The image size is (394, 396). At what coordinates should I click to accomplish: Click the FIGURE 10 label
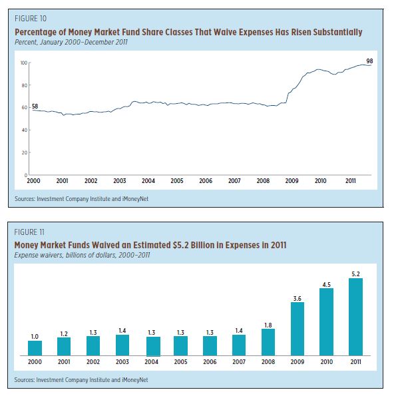tap(31, 19)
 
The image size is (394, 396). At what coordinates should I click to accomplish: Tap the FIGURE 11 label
tap(29, 232)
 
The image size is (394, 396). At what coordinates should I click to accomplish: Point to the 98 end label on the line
tap(369, 61)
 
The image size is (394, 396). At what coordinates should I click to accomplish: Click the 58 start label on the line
tap(35, 106)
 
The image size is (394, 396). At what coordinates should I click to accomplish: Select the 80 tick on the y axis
tap(24, 85)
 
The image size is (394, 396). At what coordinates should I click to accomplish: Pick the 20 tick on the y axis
tap(24, 152)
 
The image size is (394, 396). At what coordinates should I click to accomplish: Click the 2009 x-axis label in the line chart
tap(292, 181)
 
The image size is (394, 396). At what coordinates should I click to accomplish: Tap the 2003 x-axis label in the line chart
tap(119, 181)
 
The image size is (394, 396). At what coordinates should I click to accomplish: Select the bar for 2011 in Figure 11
tap(355, 317)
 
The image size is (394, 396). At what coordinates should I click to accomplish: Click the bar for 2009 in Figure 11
tap(297, 329)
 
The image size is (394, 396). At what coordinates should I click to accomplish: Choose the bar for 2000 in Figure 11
tap(35, 348)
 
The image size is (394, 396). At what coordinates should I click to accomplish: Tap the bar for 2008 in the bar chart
tap(268, 342)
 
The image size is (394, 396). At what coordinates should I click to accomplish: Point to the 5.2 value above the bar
tap(355, 274)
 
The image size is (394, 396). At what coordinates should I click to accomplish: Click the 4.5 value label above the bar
tap(326, 285)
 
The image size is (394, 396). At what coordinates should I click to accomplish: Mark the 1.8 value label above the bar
tap(268, 325)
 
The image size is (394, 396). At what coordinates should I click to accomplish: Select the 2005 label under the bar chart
tap(180, 362)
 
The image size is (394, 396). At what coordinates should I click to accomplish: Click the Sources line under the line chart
tap(81, 199)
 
